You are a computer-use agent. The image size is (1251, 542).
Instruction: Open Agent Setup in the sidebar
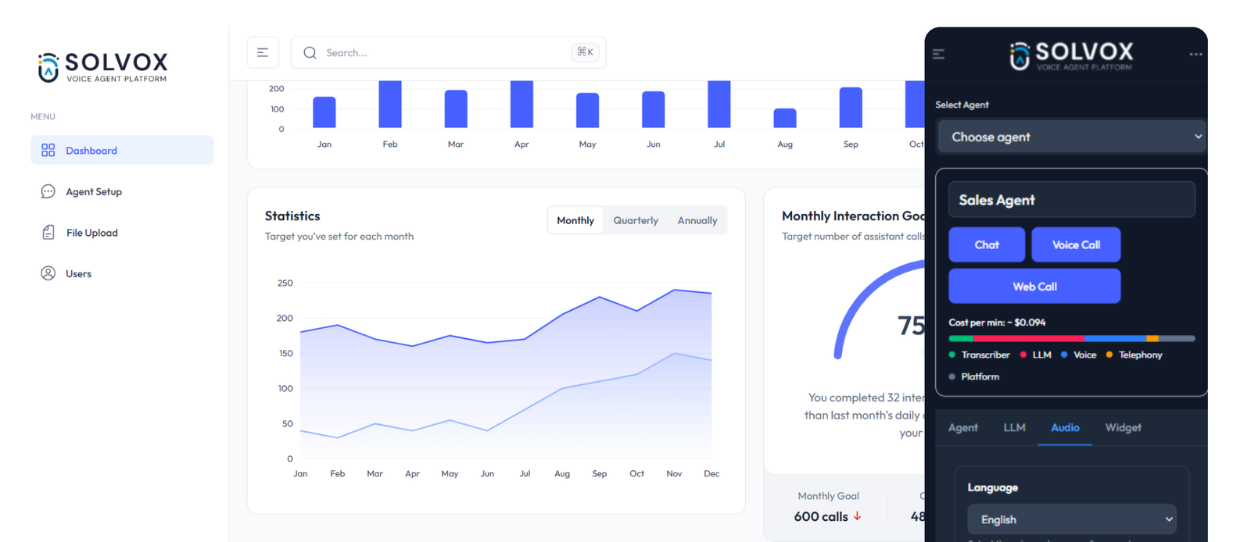tap(93, 191)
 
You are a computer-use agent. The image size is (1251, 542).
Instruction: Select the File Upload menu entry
tap(91, 233)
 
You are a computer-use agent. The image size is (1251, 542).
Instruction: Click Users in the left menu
tap(78, 273)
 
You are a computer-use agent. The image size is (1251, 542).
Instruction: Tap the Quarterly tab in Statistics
tap(636, 220)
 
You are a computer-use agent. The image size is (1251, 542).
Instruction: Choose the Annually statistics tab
tap(697, 220)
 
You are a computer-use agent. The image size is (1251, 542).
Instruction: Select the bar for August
tap(785, 118)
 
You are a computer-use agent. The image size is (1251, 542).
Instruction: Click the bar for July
tap(719, 104)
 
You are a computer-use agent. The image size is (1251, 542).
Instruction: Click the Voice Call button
tap(1076, 244)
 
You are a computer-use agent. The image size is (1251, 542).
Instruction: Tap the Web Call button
tap(1034, 287)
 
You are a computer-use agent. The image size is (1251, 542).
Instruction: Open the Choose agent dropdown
tap(1071, 137)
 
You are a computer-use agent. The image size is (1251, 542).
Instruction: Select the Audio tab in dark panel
tap(1065, 427)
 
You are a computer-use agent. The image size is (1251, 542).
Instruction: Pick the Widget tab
tap(1123, 427)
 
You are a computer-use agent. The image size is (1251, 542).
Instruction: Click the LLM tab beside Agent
tap(1014, 427)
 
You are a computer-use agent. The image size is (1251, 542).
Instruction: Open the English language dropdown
tap(1071, 519)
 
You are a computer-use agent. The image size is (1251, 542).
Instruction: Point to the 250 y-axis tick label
tap(285, 283)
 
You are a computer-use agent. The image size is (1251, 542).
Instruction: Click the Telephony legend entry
tap(1140, 355)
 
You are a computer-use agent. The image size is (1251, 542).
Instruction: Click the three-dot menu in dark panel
tap(1195, 54)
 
